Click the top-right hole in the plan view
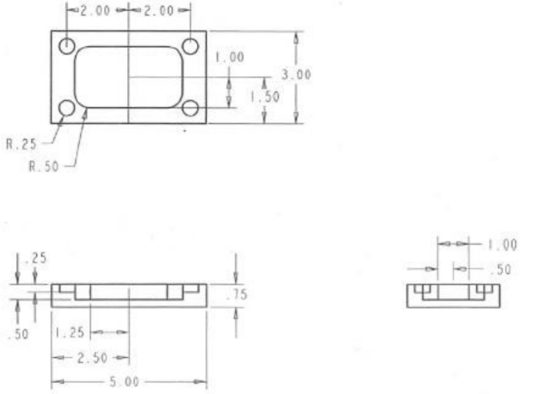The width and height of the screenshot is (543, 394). pos(190,46)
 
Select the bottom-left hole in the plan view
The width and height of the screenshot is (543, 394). pos(67,108)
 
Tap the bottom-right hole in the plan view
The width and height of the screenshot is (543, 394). pos(190,108)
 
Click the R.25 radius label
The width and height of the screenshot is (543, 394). pos(22,144)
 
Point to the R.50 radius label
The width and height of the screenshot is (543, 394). pos(43,166)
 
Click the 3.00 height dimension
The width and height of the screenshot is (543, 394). pos(296,75)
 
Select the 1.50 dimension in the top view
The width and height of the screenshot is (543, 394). pos(265,97)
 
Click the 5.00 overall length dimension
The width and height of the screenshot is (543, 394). pos(124,382)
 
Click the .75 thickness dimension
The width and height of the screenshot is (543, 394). pos(236,295)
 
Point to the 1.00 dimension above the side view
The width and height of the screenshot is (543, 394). pos(502,245)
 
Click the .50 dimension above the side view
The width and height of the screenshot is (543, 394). pos(502,269)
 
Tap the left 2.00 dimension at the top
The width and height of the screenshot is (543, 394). pos(96,10)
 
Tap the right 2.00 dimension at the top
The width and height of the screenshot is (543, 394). pos(159,10)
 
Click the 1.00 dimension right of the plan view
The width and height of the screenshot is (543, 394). pos(230,57)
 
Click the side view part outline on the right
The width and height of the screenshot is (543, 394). pos(453,296)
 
